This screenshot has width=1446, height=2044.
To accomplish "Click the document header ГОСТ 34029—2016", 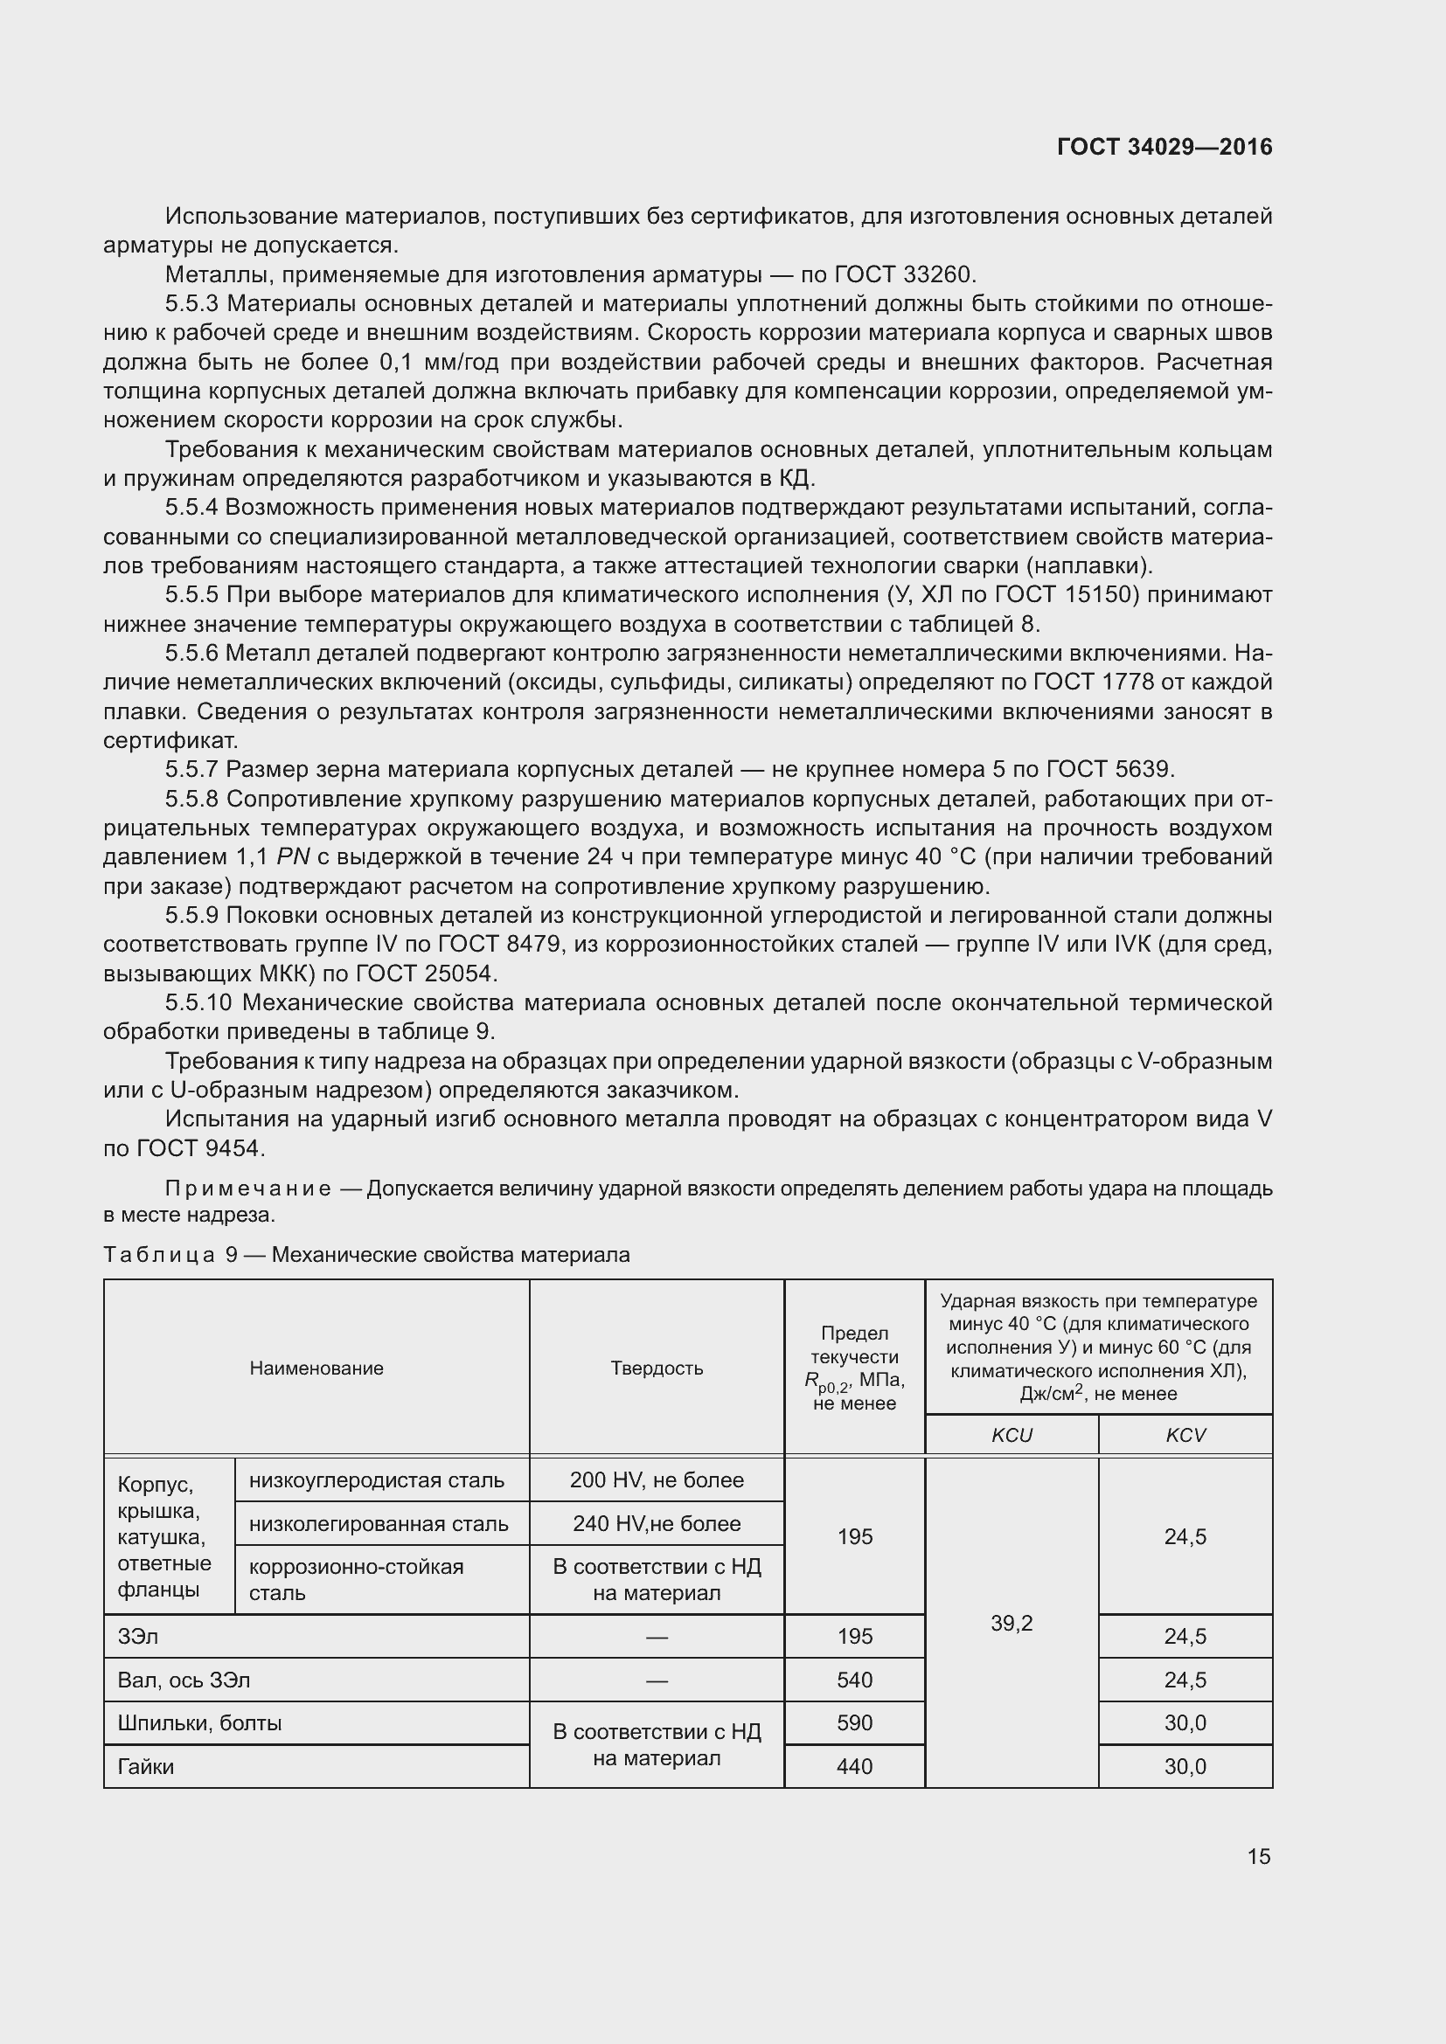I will tap(1164, 147).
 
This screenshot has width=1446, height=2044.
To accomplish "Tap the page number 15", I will tap(1258, 1855).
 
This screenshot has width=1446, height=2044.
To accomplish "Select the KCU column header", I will tap(1012, 1434).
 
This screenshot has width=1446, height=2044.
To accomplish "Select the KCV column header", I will tap(1185, 1434).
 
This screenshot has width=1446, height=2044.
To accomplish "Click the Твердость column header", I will tap(657, 1368).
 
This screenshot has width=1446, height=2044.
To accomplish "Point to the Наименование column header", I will tap(316, 1368).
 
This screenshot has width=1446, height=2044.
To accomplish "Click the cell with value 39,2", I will tap(1012, 1623).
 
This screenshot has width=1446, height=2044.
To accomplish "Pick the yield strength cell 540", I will tap(854, 1679).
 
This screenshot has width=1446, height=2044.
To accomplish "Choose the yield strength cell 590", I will tap(854, 1722).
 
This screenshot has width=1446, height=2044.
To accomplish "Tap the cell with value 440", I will tap(854, 1766).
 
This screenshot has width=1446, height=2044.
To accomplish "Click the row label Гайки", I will tap(146, 1766).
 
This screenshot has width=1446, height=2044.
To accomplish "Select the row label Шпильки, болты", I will tap(199, 1722).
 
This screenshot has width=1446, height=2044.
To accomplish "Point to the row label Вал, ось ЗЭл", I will tap(184, 1679).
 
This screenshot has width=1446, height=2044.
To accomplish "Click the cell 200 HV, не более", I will tap(657, 1479).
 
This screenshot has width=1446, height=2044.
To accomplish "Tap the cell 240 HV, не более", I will tap(657, 1523).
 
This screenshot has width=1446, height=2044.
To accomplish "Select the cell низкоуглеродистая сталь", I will tap(377, 1479).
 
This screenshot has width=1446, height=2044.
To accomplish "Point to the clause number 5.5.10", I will tap(198, 1002).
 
